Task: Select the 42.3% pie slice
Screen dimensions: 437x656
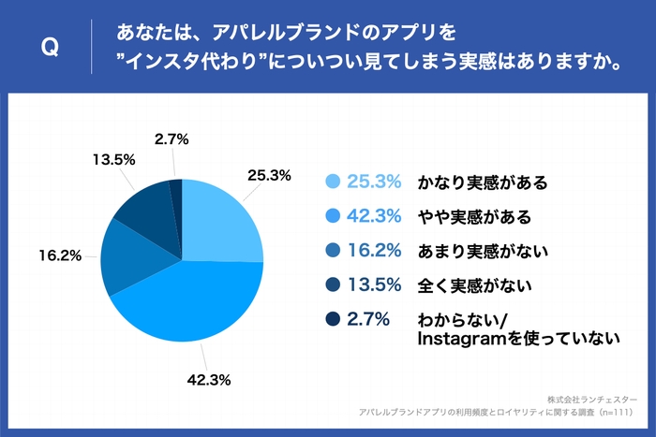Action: coord(187,304)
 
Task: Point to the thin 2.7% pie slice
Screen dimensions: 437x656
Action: coord(176,191)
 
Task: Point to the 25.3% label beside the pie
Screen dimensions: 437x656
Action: coord(269,175)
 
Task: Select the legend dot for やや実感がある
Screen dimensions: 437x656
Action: coord(331,217)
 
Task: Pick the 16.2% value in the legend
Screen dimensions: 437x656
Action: coord(375,251)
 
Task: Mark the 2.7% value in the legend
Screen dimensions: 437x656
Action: coord(368,320)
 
